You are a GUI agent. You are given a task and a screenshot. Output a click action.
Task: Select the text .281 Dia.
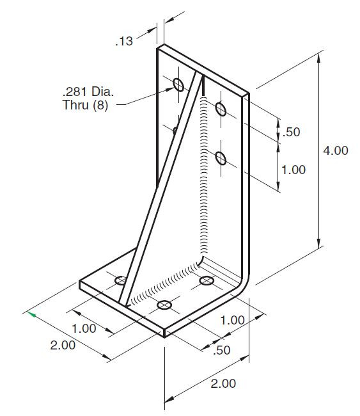pyautogui.click(x=82, y=92)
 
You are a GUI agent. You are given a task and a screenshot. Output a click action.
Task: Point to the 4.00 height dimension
pyautogui.click(x=334, y=151)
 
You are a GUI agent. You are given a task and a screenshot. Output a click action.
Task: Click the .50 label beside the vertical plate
pyautogui.click(x=292, y=132)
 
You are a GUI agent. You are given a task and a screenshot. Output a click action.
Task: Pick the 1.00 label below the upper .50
pyautogui.click(x=293, y=170)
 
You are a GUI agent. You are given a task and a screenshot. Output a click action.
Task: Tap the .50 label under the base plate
pyautogui.click(x=222, y=350)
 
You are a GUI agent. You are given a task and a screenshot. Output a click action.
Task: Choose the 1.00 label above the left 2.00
pyautogui.click(x=83, y=328)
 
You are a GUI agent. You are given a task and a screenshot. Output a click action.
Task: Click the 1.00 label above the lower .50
pyautogui.click(x=233, y=320)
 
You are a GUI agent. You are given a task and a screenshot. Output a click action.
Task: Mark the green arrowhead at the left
pyautogui.click(x=29, y=314)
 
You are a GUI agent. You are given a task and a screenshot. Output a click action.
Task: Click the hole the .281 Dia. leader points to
pyautogui.click(x=177, y=84)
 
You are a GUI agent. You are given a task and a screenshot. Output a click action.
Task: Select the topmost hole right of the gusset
pyautogui.click(x=221, y=108)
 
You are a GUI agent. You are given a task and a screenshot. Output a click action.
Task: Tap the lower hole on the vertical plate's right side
pyautogui.click(x=221, y=157)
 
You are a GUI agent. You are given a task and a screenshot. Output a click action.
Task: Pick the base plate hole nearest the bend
pyautogui.click(x=207, y=280)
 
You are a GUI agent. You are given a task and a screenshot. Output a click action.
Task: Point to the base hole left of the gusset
pyautogui.click(x=121, y=280)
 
